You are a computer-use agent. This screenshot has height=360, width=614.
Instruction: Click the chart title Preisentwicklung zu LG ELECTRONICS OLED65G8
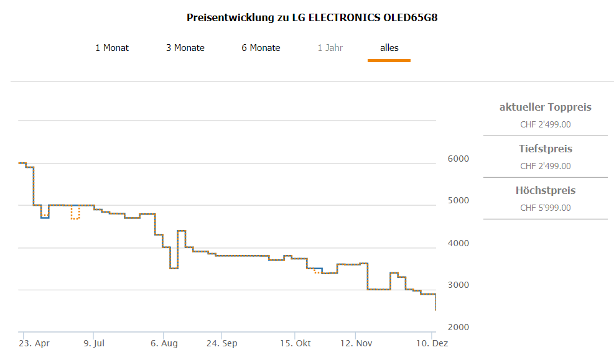click(312, 17)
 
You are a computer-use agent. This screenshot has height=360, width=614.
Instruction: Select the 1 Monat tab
click(112, 48)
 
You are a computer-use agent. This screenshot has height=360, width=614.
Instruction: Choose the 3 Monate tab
click(185, 48)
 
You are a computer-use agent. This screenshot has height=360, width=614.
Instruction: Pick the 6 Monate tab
click(261, 48)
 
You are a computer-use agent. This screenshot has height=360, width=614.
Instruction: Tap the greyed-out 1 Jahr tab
click(330, 48)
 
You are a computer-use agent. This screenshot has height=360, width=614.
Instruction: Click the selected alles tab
click(389, 48)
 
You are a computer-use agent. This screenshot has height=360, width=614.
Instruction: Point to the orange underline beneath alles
click(389, 60)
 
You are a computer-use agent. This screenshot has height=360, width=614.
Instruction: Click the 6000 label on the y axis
click(458, 159)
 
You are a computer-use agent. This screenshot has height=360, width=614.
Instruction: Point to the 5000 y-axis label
click(458, 201)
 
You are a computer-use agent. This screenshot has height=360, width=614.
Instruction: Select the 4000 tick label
click(458, 243)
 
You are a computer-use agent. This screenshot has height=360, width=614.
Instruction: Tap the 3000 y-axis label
click(458, 285)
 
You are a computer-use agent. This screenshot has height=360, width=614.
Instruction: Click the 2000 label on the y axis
click(458, 328)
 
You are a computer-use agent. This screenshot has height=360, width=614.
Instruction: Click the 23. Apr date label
click(34, 343)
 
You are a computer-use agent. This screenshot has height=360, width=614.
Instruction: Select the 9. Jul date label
click(93, 343)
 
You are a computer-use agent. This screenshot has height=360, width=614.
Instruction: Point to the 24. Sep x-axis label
click(221, 343)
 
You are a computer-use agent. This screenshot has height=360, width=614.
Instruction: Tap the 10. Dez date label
click(432, 343)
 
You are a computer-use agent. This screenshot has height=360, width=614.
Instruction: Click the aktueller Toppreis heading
click(545, 108)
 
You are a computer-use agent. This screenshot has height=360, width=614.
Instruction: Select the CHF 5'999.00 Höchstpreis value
click(545, 208)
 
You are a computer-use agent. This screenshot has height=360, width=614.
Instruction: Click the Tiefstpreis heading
click(545, 149)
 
